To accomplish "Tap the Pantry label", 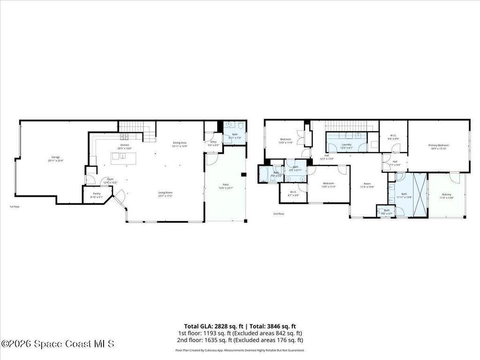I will pyautogui.click(x=97, y=194).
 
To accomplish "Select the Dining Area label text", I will pyautogui.click(x=180, y=142).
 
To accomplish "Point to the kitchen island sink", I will pyautogui.click(x=123, y=157).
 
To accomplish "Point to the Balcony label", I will pyautogui.click(x=446, y=195).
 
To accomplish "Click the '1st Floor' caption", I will pyautogui.click(x=15, y=207).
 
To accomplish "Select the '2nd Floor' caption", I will pyautogui.click(x=278, y=214).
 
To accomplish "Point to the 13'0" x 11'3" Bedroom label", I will pyautogui.click(x=328, y=183).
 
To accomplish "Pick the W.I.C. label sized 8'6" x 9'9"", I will pyautogui.click(x=393, y=136).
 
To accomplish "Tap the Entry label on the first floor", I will pyautogui.click(x=213, y=142).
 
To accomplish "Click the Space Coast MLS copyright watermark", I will pyautogui.click(x=57, y=344).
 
